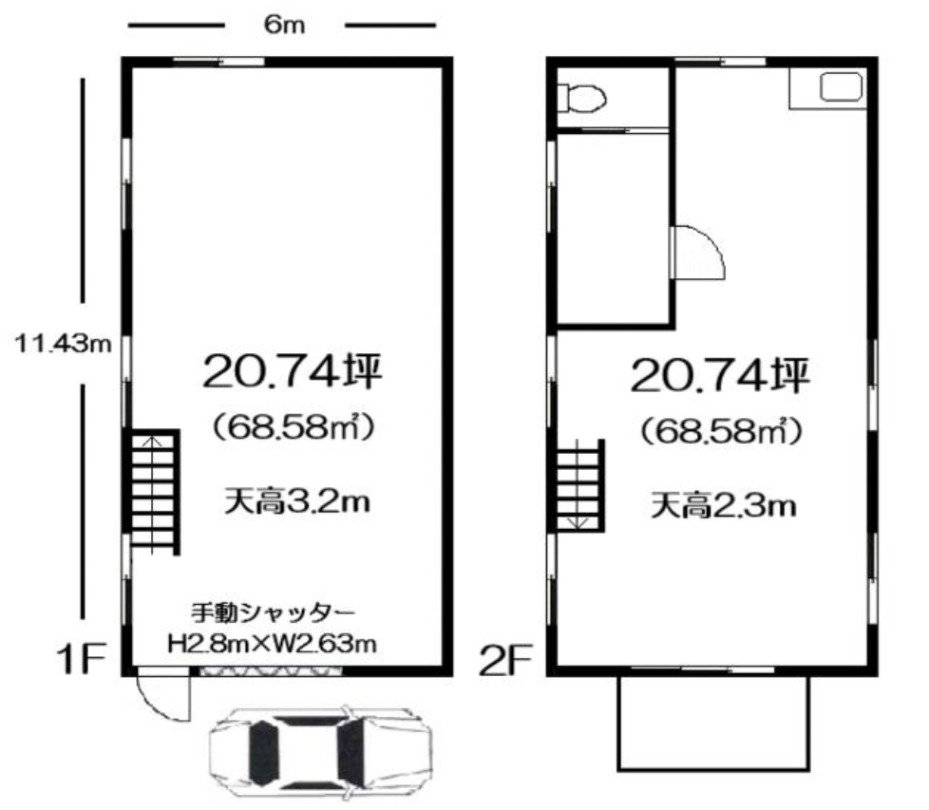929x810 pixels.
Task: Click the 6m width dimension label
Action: coord(284,26)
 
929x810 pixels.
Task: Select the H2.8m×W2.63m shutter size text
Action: coord(273,644)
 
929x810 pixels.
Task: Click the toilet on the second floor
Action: coord(580,97)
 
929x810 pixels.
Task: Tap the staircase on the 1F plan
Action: coord(153,490)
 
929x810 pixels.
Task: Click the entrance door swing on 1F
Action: coord(164,698)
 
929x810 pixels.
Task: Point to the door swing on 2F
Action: coord(698,252)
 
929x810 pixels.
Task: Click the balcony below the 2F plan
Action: coord(712,722)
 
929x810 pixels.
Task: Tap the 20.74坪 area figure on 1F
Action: coord(291,371)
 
